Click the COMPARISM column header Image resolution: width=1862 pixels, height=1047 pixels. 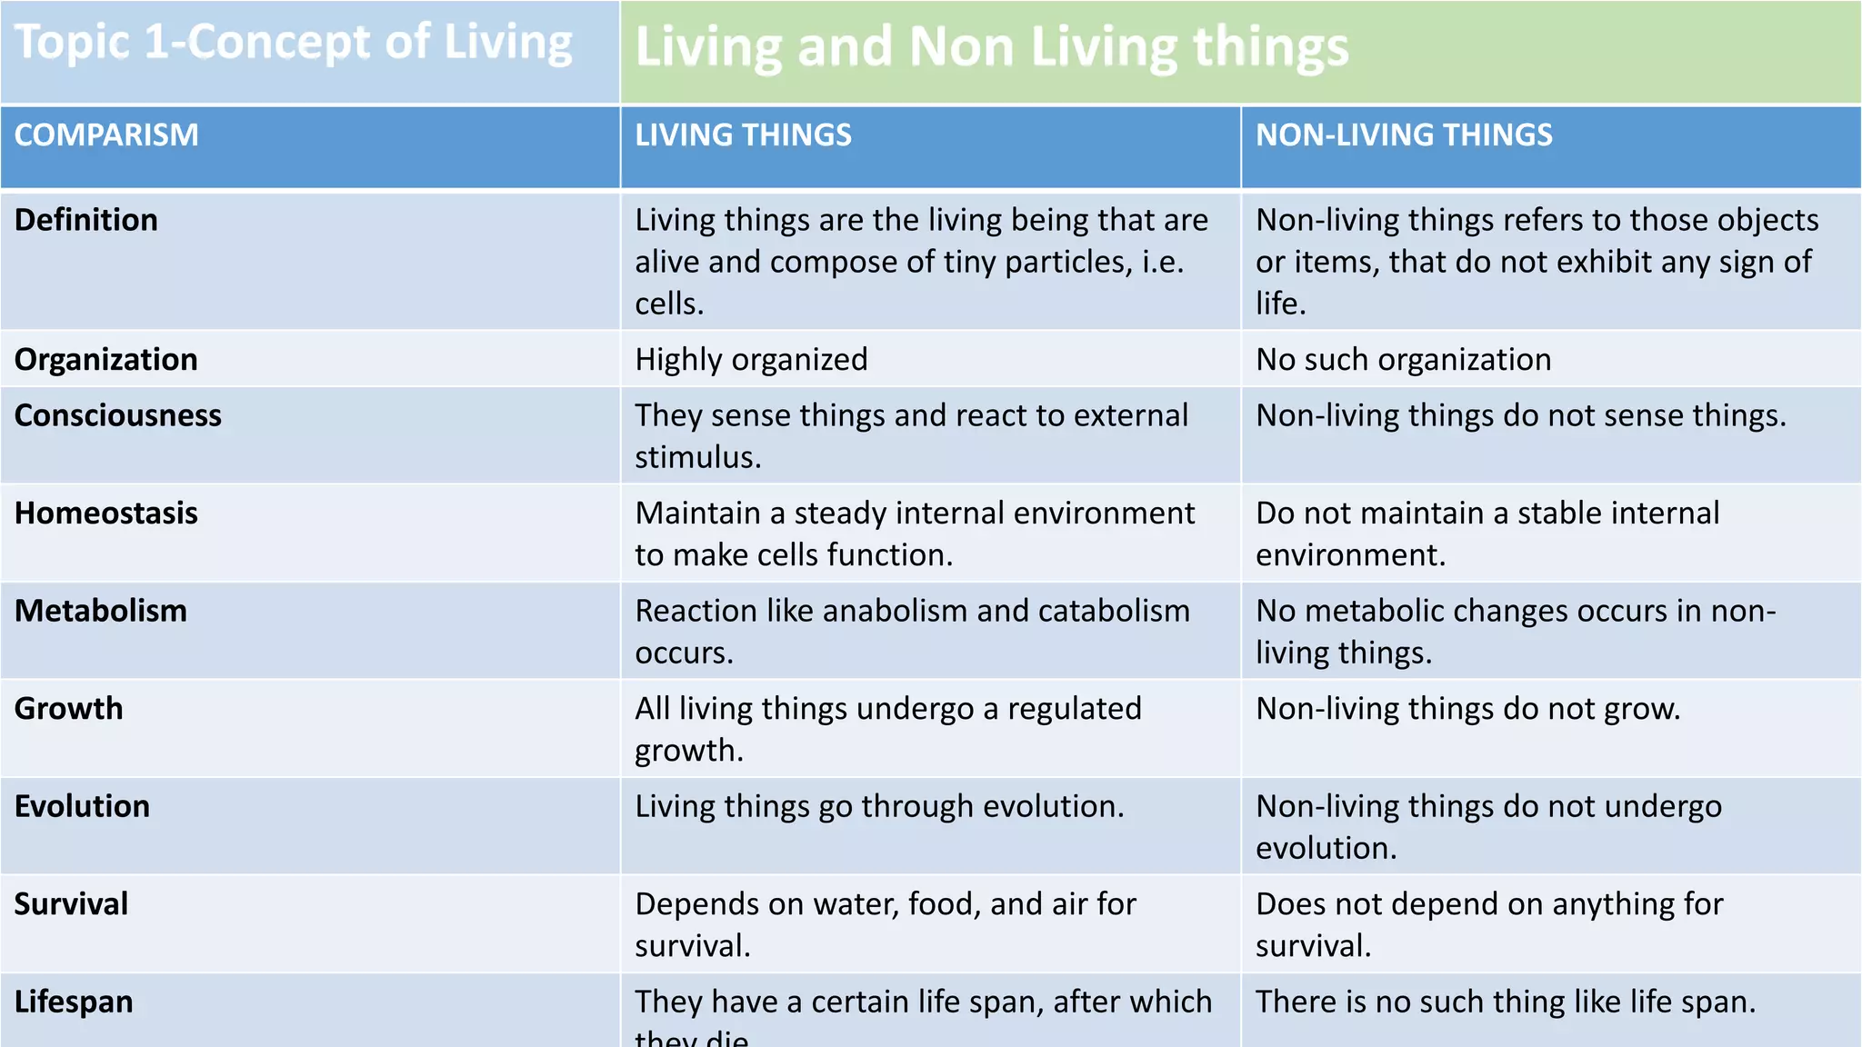click(106, 135)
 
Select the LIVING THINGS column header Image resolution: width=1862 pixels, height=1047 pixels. click(743, 135)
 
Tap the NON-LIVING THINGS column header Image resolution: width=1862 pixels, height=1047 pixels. click(1404, 135)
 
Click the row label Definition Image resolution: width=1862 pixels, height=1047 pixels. click(86, 220)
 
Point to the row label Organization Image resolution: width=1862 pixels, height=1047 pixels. click(106, 360)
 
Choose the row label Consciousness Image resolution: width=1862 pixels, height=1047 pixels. click(118, 415)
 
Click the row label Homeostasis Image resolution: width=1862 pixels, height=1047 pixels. click(106, 514)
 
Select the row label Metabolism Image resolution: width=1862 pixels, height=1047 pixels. click(101, 611)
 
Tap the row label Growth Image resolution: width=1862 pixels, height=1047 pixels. click(69, 709)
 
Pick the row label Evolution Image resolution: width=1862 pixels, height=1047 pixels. click(83, 806)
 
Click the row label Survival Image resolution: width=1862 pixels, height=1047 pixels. click(72, 904)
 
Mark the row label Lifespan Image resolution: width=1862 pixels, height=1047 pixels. click(74, 1002)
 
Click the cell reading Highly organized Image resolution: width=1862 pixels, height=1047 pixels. click(751, 360)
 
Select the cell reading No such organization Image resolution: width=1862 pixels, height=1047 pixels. click(1403, 360)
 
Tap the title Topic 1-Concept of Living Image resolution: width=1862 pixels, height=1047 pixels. click(294, 43)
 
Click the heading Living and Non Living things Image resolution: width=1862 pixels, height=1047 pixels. click(991, 46)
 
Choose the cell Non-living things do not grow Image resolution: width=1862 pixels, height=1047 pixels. click(1467, 709)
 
